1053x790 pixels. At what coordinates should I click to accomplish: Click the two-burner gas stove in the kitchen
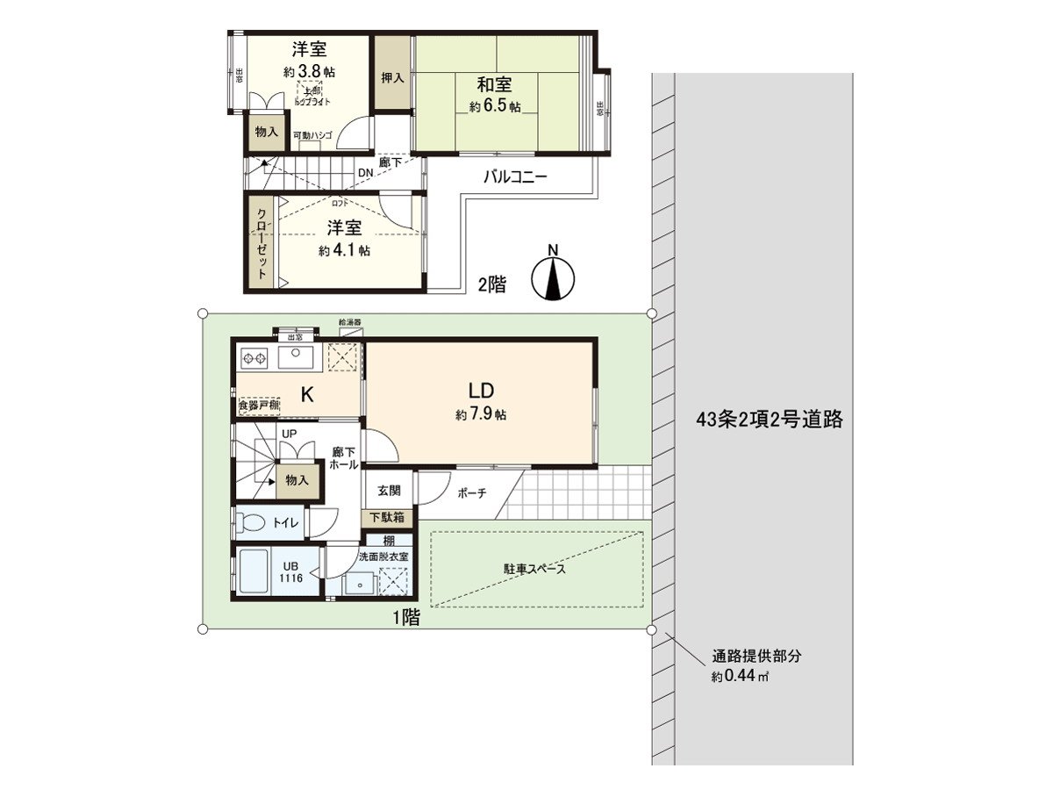(x=254, y=358)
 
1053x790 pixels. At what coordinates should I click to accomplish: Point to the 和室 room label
(x=494, y=86)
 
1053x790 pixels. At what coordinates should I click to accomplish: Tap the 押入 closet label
(x=392, y=77)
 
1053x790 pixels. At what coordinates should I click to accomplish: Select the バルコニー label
(x=515, y=176)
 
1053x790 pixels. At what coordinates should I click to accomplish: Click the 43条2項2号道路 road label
(x=769, y=420)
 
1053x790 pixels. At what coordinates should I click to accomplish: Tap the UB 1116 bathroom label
(x=291, y=571)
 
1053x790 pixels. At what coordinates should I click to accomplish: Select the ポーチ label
(x=471, y=493)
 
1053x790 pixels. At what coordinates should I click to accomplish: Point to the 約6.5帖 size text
(x=495, y=107)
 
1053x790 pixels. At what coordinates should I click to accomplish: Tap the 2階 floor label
(x=491, y=284)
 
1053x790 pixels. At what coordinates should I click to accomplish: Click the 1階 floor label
(x=405, y=618)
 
